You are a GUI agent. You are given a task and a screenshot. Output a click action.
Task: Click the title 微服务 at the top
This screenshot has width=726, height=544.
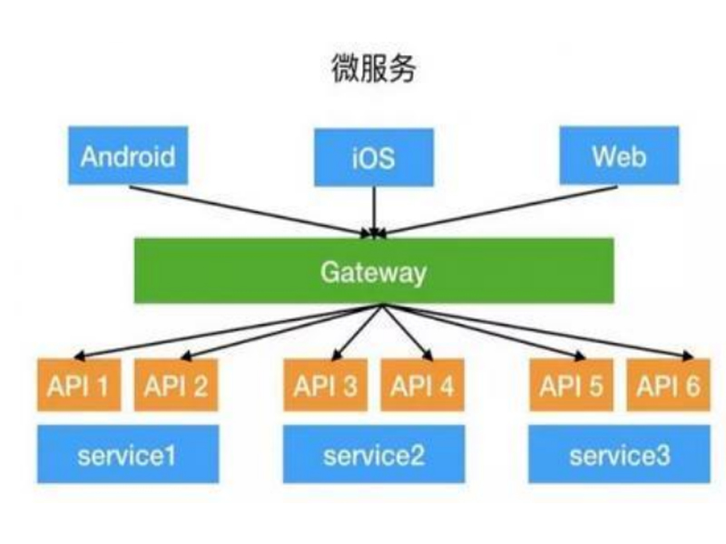click(373, 69)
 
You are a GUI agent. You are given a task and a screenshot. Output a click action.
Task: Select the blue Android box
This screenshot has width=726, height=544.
click(127, 156)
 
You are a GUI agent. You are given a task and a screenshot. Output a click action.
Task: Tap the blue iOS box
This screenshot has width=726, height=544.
click(373, 156)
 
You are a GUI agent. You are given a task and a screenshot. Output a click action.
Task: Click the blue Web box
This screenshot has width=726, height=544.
click(618, 156)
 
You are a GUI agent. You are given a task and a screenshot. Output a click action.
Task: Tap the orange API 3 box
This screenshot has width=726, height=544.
click(325, 386)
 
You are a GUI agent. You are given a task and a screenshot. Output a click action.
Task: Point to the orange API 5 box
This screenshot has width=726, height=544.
click(571, 386)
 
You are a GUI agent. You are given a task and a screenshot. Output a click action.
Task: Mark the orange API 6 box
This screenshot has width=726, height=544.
click(667, 386)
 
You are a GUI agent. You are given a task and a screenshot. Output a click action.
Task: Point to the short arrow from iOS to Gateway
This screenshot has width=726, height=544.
click(373, 212)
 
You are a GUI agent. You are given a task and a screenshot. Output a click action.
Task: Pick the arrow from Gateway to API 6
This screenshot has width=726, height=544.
click(535, 330)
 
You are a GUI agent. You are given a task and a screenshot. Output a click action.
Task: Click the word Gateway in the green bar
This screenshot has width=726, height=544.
click(373, 271)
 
